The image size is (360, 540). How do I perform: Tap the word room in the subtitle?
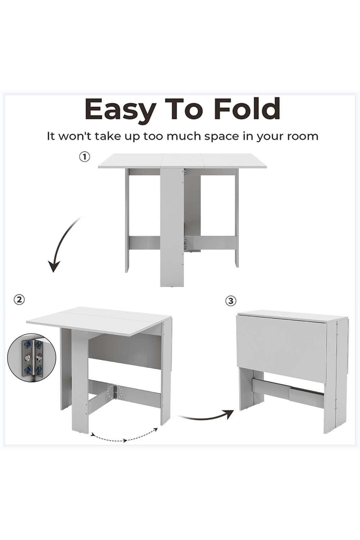301,136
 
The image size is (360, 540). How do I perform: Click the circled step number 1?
84,157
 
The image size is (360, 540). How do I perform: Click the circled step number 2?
19,300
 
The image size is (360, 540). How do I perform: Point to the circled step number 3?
231,301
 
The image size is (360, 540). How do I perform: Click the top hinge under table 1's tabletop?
185,172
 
